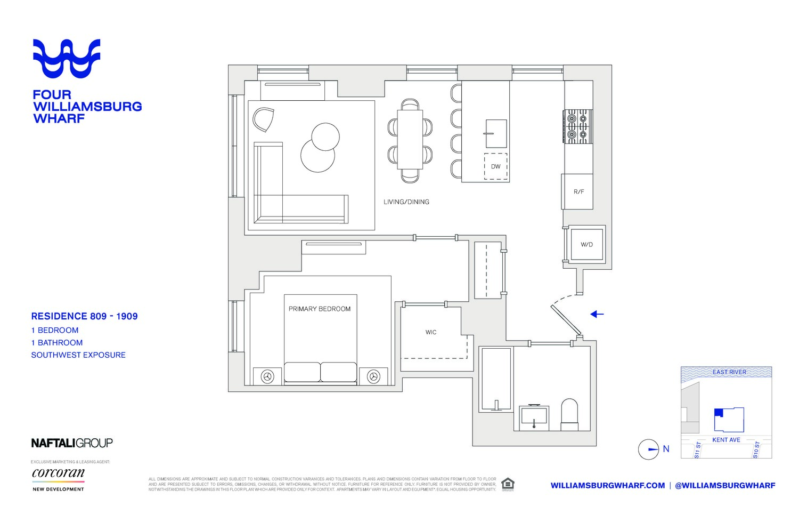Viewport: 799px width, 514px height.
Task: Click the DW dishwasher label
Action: pos(495,166)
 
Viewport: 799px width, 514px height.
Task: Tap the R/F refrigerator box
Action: pos(578,191)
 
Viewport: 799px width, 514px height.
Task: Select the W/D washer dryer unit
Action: pos(586,244)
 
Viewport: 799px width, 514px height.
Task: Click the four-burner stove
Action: pos(578,127)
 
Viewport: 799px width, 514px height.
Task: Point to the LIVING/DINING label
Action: pos(406,202)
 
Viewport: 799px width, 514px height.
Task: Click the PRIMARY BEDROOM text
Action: pos(320,309)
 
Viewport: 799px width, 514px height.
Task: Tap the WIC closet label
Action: pos(431,332)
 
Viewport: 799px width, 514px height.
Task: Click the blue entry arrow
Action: pos(597,314)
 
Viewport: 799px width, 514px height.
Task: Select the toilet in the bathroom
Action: pos(569,414)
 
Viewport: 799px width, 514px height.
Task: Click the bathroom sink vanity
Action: pos(534,417)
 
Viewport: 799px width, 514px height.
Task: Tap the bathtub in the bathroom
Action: pos(496,379)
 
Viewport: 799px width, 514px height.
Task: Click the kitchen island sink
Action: pos(495,133)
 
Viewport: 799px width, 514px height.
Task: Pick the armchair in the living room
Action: pos(264,119)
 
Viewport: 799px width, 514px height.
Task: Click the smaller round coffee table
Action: pos(325,136)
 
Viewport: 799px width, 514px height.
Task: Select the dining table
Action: pos(410,140)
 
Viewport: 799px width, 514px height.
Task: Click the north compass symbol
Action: pos(649,449)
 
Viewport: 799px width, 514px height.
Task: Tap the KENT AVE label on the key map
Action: pos(726,440)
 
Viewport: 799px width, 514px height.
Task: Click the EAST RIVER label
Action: pos(729,372)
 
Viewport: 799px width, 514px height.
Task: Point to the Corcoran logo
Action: pos(59,473)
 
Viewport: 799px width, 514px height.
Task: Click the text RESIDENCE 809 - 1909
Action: pos(84,316)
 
